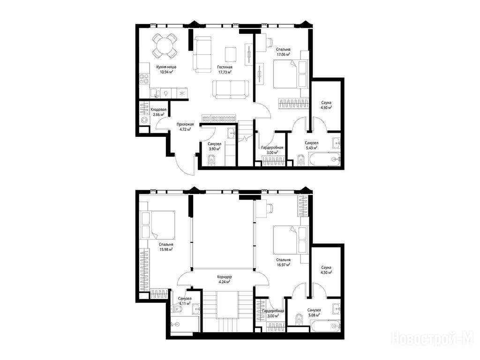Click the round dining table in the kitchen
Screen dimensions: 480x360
pyautogui.click(x=165, y=45)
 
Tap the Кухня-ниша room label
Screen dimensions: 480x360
pyautogui.click(x=166, y=67)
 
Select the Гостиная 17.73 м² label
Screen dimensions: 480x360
pyautogui.click(x=225, y=69)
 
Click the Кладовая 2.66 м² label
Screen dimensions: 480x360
pyautogui.click(x=158, y=112)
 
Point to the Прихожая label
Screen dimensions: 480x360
pyautogui.click(x=185, y=124)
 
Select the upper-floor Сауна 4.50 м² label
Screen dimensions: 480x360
pyautogui.click(x=326, y=270)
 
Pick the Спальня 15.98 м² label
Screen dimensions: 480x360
pyautogui.click(x=166, y=247)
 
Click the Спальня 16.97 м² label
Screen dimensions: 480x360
pyautogui.click(x=283, y=262)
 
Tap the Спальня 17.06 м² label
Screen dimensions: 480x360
pyautogui.click(x=283, y=52)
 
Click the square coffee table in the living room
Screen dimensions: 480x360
pyautogui.click(x=231, y=54)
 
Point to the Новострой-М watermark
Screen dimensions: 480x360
pyautogui.click(x=433, y=338)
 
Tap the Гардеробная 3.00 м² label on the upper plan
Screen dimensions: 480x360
pyautogui.click(x=273, y=313)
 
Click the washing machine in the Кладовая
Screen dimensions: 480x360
pyautogui.click(x=144, y=120)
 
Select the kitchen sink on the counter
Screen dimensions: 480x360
pyautogui.click(x=155, y=93)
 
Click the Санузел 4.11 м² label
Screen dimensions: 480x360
pyautogui.click(x=185, y=301)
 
